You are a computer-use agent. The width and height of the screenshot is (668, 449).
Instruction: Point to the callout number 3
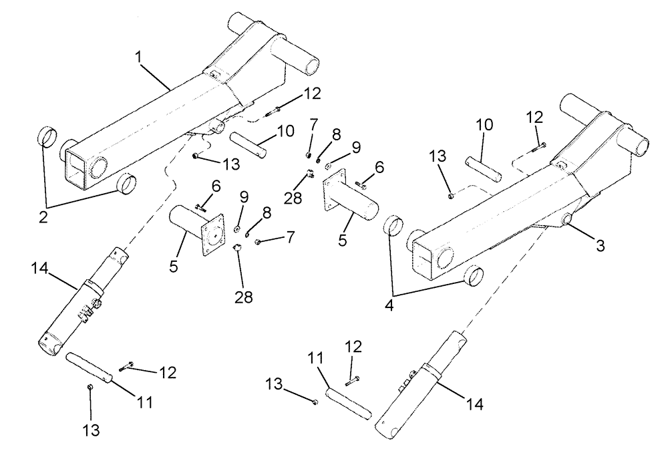pyautogui.click(x=600, y=246)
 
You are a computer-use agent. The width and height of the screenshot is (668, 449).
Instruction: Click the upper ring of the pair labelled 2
pyautogui.click(x=47, y=136)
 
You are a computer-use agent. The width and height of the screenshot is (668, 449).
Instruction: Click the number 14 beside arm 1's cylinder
pyautogui.click(x=39, y=269)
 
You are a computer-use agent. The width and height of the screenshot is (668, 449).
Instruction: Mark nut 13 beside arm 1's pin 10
pyautogui.click(x=194, y=156)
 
